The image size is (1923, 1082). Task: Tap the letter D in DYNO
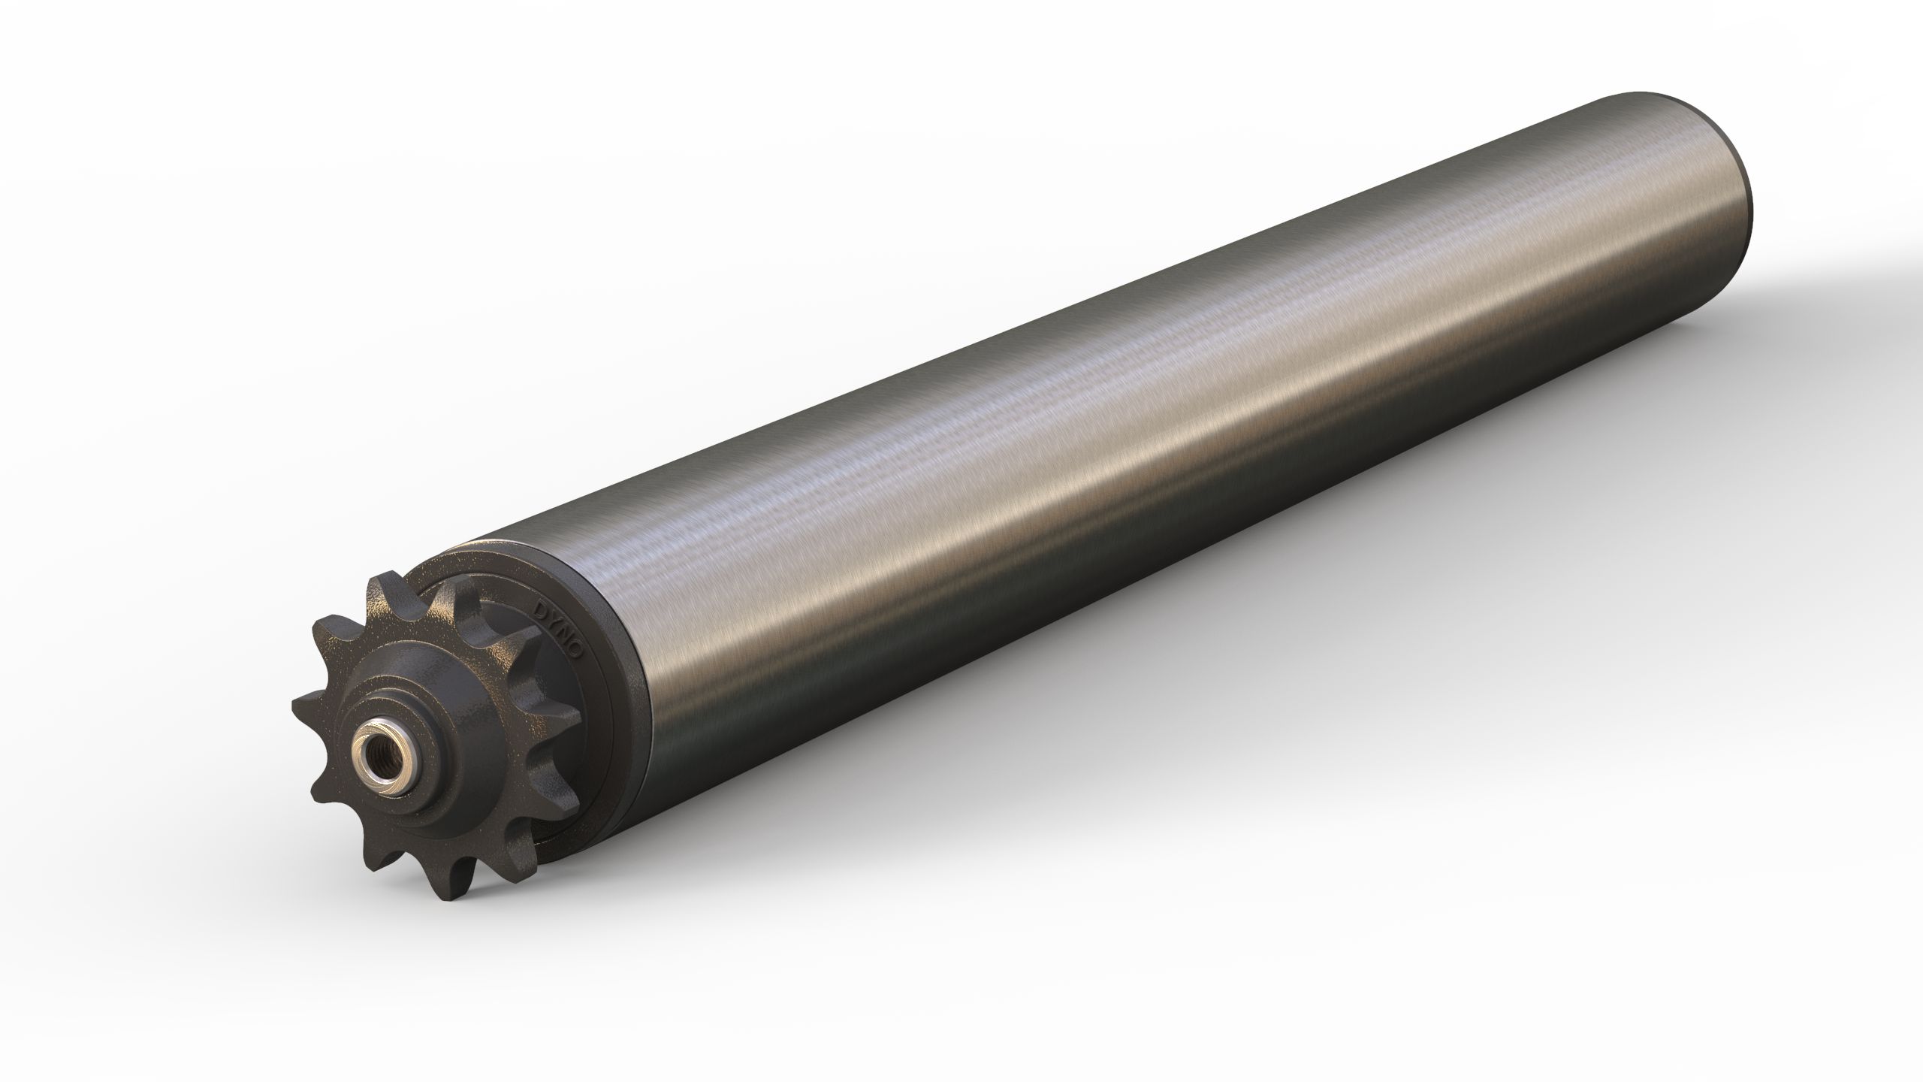(x=538, y=606)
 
